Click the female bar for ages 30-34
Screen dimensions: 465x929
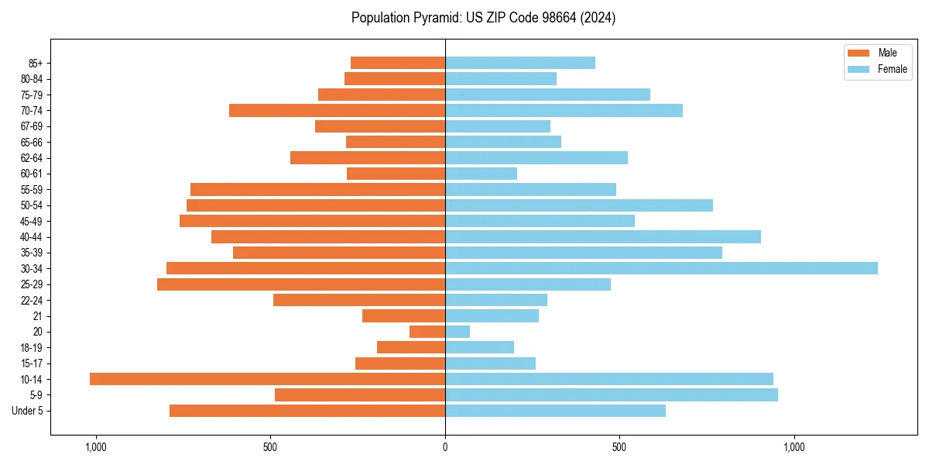point(661,268)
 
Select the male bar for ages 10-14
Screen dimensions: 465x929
point(267,379)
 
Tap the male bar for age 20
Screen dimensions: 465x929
point(427,332)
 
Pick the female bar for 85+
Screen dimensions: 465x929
point(520,63)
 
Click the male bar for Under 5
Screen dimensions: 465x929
point(307,411)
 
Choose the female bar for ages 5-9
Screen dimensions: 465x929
point(612,394)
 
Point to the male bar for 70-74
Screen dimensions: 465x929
point(337,110)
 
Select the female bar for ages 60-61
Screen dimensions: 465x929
point(481,174)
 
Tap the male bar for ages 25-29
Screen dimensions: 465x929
point(301,284)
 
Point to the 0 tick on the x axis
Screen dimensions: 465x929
point(445,447)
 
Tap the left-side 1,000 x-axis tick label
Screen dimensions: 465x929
point(96,447)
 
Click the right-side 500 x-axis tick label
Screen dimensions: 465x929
point(619,447)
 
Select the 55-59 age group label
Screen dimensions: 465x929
point(31,189)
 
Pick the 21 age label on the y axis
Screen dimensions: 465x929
point(38,316)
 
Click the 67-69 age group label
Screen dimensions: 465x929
point(31,126)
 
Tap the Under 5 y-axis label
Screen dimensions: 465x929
point(28,411)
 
